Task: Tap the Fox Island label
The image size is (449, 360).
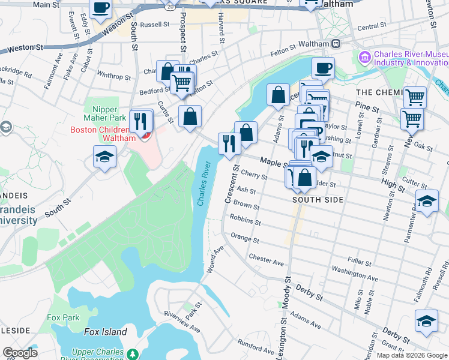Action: (x=105, y=332)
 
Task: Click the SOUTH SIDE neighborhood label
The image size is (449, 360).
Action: (x=318, y=199)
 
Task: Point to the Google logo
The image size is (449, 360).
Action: (x=20, y=353)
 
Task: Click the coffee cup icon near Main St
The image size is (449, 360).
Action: (x=101, y=8)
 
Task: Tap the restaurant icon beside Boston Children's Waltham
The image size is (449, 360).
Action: (x=140, y=121)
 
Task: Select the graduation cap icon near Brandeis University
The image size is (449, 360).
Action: (x=105, y=157)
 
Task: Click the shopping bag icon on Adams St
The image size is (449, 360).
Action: (x=278, y=95)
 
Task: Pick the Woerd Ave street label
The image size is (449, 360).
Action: (x=214, y=260)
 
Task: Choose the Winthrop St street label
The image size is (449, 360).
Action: (x=113, y=77)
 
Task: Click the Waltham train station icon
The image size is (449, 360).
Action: (x=336, y=43)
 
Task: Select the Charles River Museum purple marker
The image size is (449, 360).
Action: (x=363, y=58)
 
